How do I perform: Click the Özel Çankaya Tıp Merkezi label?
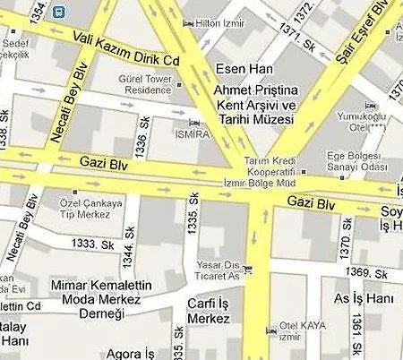tap(90, 209)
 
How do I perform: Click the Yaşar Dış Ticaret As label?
tap(220, 270)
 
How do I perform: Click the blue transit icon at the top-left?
tap(58, 12)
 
